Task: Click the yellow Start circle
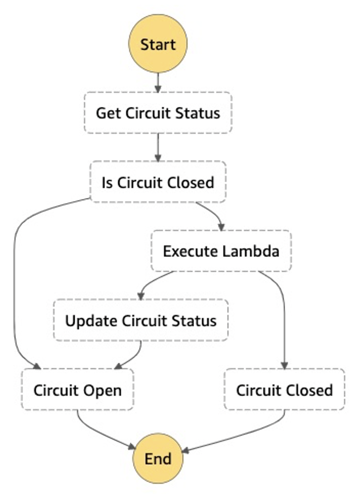coord(158,44)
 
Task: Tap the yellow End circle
coord(158,458)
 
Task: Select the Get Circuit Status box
coord(158,113)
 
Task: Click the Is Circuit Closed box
coord(158,182)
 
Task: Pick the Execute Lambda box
coord(221,251)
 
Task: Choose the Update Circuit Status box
coord(141,320)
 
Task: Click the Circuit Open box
coord(77,390)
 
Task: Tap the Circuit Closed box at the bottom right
coord(284,390)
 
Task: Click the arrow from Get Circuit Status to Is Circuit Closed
coord(158,148)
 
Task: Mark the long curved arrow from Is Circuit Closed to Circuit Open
coord(15,287)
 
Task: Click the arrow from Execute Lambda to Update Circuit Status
coord(153,283)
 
